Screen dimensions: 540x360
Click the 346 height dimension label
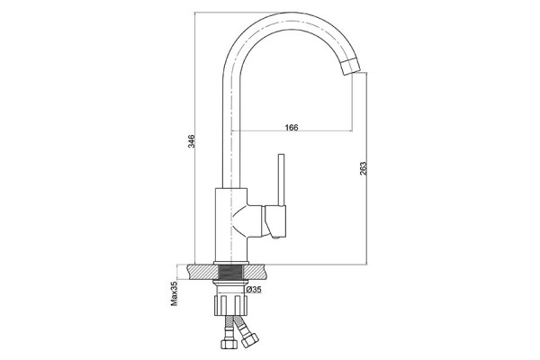click(192, 141)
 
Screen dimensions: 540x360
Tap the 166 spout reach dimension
click(292, 127)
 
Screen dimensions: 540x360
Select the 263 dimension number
click(363, 168)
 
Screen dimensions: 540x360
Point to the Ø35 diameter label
click(254, 290)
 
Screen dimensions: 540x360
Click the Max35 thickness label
click(175, 293)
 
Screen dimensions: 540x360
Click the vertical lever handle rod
click(282, 179)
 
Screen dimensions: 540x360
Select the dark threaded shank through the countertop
click(231, 273)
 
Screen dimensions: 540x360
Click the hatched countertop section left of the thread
click(204, 272)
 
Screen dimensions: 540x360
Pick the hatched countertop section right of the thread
click(255, 272)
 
